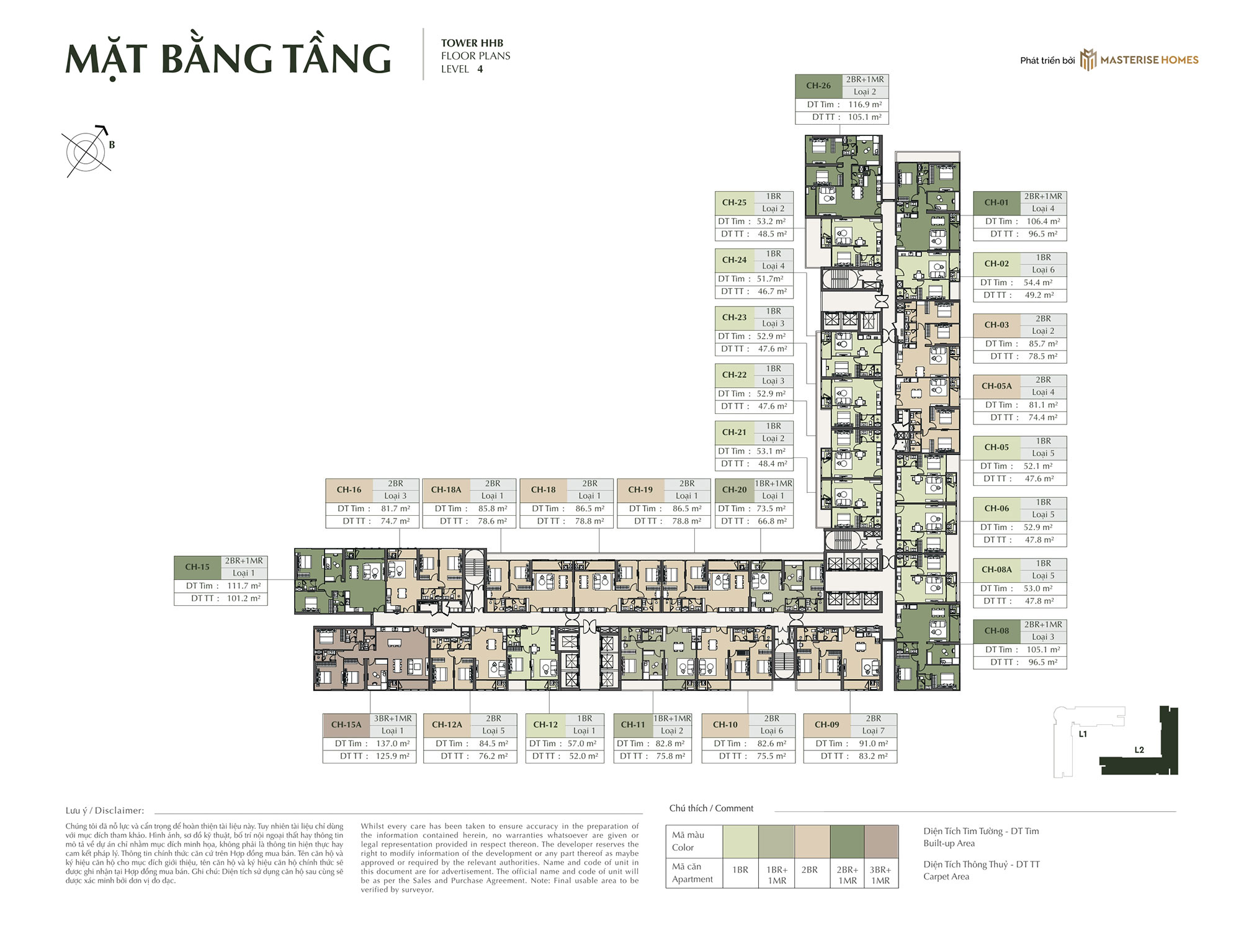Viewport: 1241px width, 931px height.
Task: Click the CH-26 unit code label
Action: pos(818,86)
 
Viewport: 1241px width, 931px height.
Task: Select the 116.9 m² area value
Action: pos(865,104)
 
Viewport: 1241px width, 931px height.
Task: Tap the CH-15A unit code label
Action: pos(346,724)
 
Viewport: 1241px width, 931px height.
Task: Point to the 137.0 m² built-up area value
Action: pos(393,744)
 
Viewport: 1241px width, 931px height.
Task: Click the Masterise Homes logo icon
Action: pos(1088,60)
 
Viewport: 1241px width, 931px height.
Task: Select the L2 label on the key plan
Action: pos(1139,750)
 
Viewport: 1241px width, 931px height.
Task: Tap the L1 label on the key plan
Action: pos(1083,734)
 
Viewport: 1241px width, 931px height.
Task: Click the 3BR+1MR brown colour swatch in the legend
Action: pos(881,842)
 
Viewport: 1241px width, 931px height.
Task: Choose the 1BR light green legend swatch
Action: pos(740,842)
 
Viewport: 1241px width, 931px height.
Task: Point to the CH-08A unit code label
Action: pos(997,569)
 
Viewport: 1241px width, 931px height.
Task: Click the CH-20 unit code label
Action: pos(735,490)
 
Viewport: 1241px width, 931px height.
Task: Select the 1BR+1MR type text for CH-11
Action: pos(672,718)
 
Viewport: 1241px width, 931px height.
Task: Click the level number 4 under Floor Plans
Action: pos(480,69)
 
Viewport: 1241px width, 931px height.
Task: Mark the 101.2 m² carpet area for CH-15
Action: pos(244,598)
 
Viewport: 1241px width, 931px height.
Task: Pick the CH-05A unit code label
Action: pos(997,386)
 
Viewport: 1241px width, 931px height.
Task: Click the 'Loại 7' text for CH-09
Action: pos(874,731)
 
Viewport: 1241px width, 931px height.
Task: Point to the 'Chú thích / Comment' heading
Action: pos(711,808)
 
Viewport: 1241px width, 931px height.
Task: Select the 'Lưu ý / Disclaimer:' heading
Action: pos(105,811)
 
